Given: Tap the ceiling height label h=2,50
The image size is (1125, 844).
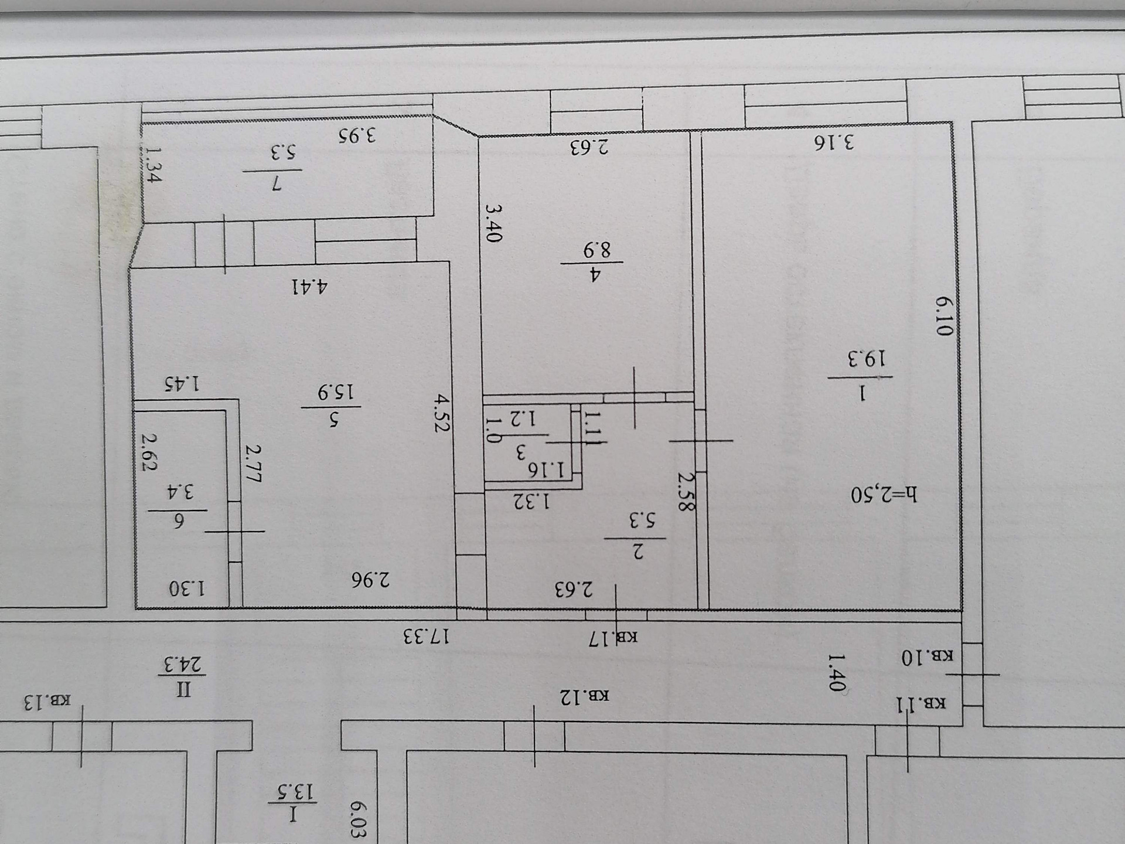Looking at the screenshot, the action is coord(884,494).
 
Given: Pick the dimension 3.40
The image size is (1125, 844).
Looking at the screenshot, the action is coord(493,223).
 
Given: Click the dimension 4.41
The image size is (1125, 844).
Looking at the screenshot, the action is coord(310,287).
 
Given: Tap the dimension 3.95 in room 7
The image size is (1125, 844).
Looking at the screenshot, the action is coord(357,135).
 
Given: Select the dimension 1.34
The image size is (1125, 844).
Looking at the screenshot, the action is coord(152,165).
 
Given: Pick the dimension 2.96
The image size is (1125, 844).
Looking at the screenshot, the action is coord(370,579).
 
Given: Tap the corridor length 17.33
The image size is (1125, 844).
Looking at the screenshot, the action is coord(426,636).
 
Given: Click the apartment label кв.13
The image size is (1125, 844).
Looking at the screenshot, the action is coord(47,701).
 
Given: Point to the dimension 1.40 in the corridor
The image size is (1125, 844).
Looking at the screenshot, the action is coord(836,673).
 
